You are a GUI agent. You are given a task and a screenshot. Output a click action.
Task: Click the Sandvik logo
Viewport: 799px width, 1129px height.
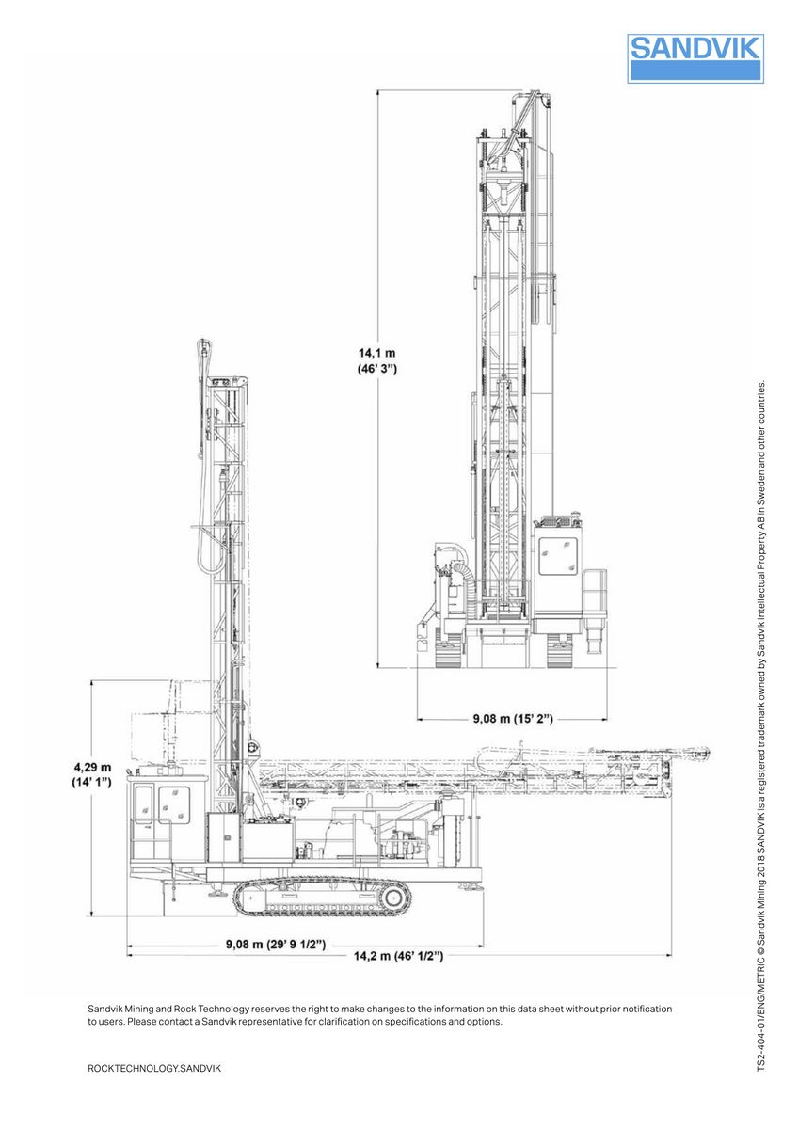click(695, 58)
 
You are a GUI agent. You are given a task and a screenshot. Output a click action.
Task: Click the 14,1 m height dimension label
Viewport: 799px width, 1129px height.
click(376, 353)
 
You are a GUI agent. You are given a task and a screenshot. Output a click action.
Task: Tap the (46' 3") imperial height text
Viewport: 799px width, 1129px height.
click(376, 369)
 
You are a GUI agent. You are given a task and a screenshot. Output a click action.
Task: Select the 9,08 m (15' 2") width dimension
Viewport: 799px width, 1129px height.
click(513, 719)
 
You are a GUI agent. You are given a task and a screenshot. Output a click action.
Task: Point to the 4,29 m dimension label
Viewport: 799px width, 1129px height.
click(92, 766)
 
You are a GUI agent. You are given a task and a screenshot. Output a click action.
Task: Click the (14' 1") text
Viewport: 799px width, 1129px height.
click(92, 782)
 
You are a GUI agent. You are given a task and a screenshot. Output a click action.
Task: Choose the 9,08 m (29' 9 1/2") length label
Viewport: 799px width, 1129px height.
click(275, 944)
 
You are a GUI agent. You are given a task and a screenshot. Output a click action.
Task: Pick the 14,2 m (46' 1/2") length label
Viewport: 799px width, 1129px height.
click(398, 956)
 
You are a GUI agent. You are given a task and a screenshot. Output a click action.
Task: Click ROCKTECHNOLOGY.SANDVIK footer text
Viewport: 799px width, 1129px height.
click(154, 1069)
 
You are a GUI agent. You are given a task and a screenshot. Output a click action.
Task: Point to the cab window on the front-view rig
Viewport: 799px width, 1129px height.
click(554, 559)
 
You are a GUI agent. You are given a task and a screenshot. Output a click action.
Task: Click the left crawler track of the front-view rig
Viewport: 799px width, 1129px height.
click(449, 650)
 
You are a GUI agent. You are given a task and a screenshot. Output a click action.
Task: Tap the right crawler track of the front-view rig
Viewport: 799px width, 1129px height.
click(559, 650)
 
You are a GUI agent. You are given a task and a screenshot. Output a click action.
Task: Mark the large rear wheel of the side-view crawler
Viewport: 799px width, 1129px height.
click(394, 898)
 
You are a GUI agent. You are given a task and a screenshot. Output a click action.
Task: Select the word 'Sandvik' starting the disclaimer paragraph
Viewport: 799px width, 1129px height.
click(106, 1009)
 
